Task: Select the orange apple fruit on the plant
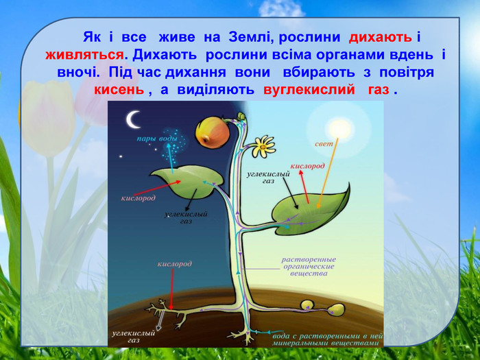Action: (x=213, y=133)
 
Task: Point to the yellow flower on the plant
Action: (x=263, y=147)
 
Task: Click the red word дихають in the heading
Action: (x=380, y=37)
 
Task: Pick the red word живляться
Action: (x=84, y=55)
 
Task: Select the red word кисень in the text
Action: (x=119, y=90)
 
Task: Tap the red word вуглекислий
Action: (x=309, y=90)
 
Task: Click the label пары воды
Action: (x=157, y=139)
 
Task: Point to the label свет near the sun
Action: (x=324, y=143)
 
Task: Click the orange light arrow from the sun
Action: (x=328, y=173)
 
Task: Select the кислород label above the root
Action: (x=175, y=264)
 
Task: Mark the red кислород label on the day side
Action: (x=307, y=166)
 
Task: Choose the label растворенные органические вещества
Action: (x=309, y=266)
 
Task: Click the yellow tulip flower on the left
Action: (x=48, y=118)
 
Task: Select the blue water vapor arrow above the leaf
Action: (x=170, y=158)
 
